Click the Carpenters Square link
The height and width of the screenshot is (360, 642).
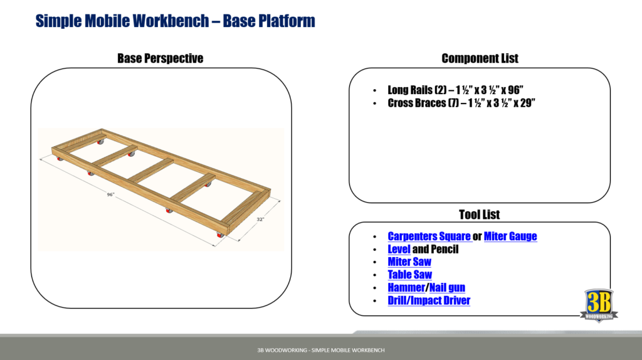(x=429, y=236)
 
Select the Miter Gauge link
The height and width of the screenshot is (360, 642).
(x=510, y=236)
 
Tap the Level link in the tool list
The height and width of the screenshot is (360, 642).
(x=399, y=249)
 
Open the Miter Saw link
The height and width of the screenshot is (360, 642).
(x=409, y=262)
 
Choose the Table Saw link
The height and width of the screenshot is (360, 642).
(x=409, y=275)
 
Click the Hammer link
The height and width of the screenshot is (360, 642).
(x=406, y=288)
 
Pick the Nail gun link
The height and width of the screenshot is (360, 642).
(x=447, y=288)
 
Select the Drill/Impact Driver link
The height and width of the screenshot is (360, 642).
(x=429, y=300)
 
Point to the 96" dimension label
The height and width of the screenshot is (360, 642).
(x=110, y=195)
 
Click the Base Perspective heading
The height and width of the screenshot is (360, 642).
(x=160, y=58)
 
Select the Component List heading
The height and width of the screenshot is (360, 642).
(x=480, y=58)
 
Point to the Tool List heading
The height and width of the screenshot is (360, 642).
(x=480, y=215)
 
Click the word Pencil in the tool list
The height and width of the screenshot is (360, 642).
(x=444, y=249)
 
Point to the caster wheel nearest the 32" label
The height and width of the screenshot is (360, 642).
(x=219, y=235)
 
